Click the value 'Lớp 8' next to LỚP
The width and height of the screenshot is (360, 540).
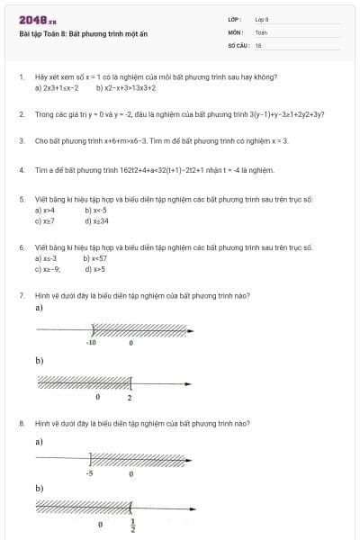(x=262, y=19)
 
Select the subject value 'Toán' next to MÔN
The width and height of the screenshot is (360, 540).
(x=261, y=31)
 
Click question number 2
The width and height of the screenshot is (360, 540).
(x=21, y=114)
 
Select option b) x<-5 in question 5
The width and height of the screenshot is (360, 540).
(x=94, y=210)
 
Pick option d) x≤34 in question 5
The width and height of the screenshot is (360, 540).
(x=96, y=220)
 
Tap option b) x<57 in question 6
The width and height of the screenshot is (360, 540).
(x=94, y=258)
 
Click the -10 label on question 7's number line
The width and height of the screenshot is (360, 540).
(x=91, y=343)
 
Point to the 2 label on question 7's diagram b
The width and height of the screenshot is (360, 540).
(x=130, y=397)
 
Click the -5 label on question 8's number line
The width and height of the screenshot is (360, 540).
(x=90, y=472)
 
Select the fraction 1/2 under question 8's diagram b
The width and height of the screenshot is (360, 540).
(x=133, y=525)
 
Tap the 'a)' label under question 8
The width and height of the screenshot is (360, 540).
(x=39, y=442)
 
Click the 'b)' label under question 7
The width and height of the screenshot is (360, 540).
(x=39, y=361)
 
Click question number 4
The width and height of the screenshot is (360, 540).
(x=21, y=169)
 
